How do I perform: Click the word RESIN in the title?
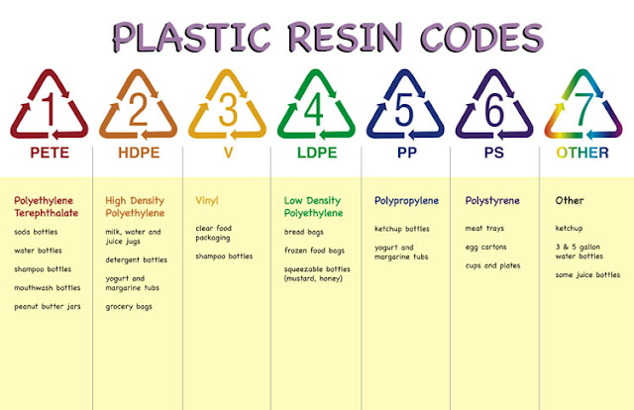click(x=346, y=38)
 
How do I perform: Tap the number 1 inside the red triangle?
click(x=50, y=109)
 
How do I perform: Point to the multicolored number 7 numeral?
click(x=583, y=109)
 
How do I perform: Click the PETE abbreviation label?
click(x=50, y=153)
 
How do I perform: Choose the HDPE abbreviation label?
click(x=139, y=153)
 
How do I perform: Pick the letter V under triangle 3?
click(x=228, y=153)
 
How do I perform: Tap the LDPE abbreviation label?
click(x=317, y=153)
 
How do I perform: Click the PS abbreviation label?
click(x=494, y=153)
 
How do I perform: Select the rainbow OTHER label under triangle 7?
click(x=582, y=153)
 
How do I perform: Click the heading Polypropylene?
click(x=406, y=201)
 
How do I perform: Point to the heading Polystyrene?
click(x=492, y=201)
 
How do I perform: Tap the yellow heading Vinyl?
click(x=207, y=201)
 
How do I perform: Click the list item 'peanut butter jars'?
click(x=48, y=306)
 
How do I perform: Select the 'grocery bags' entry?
click(x=129, y=306)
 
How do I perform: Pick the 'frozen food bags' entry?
click(x=314, y=251)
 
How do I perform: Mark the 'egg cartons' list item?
click(x=486, y=247)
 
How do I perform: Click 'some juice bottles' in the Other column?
click(x=587, y=275)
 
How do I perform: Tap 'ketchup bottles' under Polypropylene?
click(x=402, y=229)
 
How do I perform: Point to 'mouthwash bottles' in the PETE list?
click(x=48, y=288)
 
